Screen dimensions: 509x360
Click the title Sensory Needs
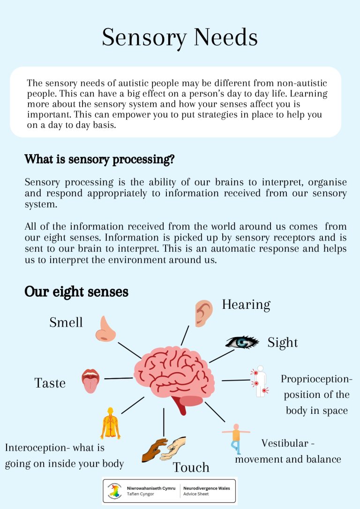click(x=180, y=37)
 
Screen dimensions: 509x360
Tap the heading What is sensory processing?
click(x=99, y=159)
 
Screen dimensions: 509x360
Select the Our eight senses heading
click(x=76, y=292)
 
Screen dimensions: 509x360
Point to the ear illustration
click(x=203, y=313)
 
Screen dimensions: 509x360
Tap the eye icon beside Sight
click(x=242, y=342)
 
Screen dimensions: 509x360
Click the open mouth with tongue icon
click(x=90, y=380)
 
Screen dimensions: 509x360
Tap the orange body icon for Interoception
click(x=111, y=423)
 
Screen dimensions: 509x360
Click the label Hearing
click(x=246, y=305)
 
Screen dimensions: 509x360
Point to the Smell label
click(x=66, y=322)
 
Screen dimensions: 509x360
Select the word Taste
click(x=50, y=383)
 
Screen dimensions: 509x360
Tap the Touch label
click(x=191, y=467)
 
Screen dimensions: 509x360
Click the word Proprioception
click(x=315, y=379)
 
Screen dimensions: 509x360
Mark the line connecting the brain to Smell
click(x=130, y=350)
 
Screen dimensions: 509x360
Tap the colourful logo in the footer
click(x=115, y=491)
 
